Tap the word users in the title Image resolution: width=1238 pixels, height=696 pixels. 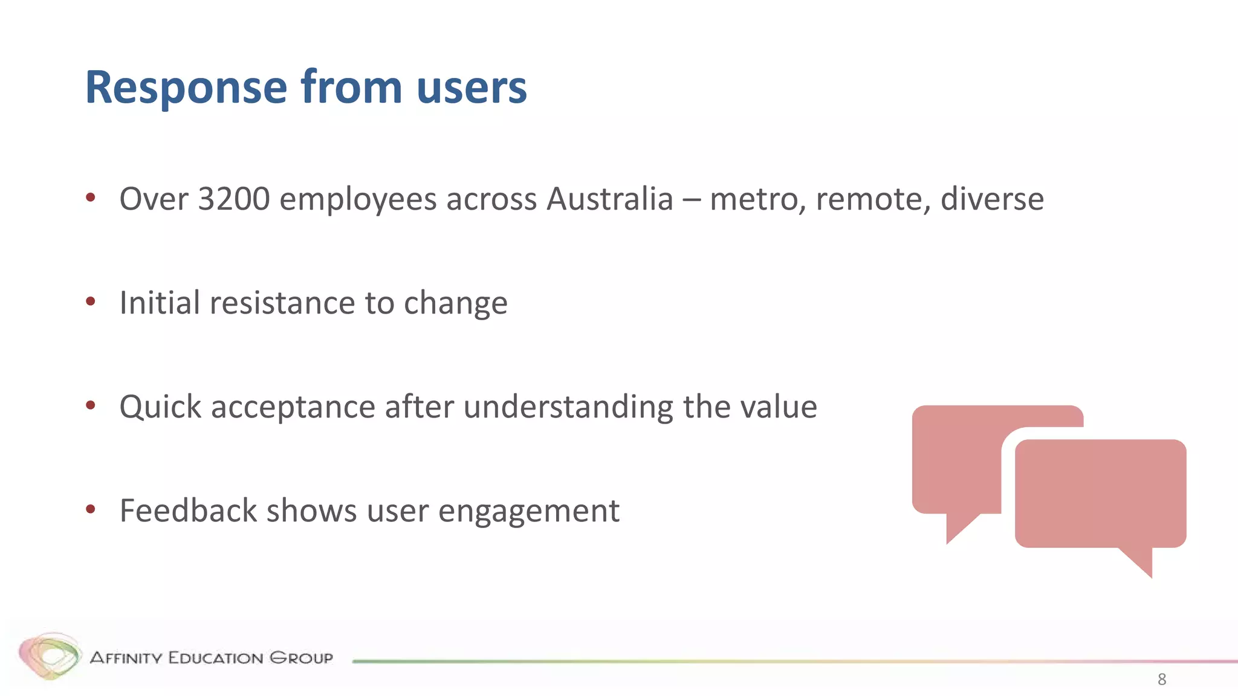(x=472, y=88)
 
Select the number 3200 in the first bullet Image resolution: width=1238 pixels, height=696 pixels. (x=233, y=199)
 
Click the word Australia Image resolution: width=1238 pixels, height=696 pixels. (x=609, y=199)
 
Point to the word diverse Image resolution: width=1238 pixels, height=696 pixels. (x=992, y=199)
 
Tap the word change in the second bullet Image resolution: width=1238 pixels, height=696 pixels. (x=455, y=303)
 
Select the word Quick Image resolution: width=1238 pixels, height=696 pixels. (x=160, y=407)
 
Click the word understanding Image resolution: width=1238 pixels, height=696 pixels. (x=568, y=407)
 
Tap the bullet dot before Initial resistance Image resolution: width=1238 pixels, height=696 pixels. (x=91, y=301)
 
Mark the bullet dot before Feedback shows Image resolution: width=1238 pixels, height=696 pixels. (x=91, y=509)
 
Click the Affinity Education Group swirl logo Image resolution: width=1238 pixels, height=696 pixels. (x=50, y=656)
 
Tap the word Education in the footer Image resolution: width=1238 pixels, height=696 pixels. (x=215, y=657)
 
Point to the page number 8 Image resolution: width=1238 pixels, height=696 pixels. (x=1161, y=679)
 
